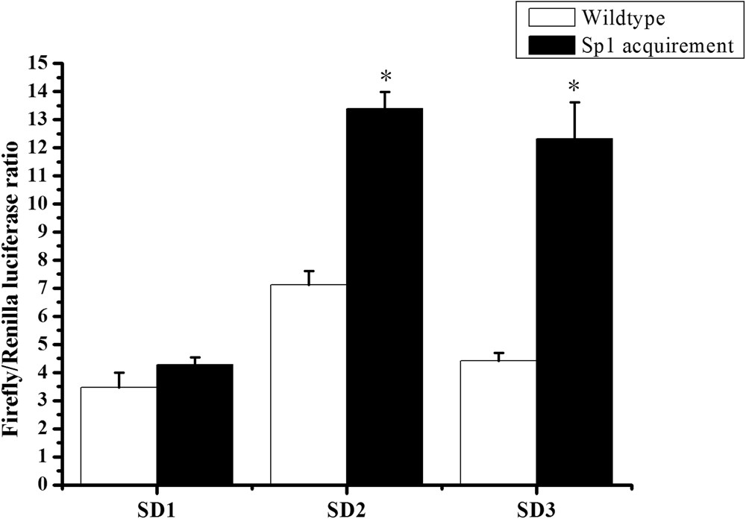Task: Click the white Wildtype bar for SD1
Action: (x=118, y=435)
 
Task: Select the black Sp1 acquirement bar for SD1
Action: (x=194, y=424)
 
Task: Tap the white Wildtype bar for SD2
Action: (x=308, y=384)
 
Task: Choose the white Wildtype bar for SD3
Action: (x=498, y=422)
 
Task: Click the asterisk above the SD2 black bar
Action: (x=386, y=77)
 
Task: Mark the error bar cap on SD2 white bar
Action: (x=309, y=271)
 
